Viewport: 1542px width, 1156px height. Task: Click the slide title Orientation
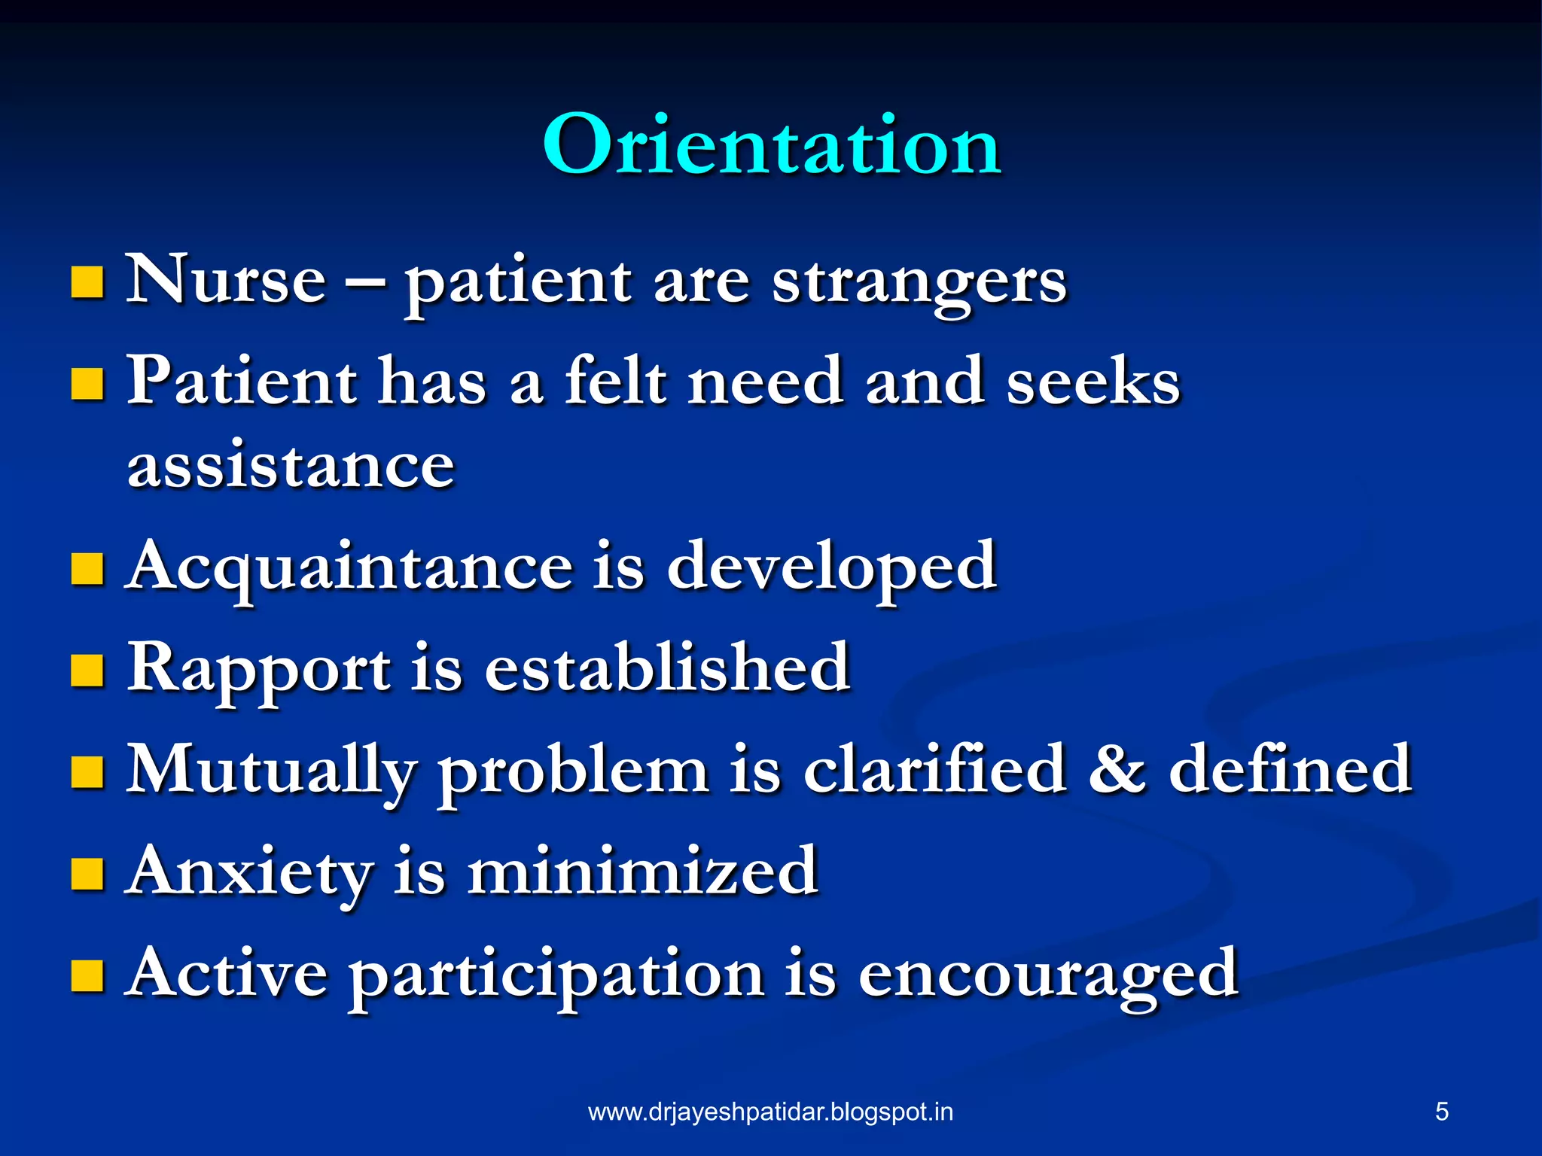click(771, 144)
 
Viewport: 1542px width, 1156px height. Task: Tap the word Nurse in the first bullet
click(225, 280)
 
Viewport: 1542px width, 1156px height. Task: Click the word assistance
click(291, 465)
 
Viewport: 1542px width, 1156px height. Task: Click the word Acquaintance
click(349, 566)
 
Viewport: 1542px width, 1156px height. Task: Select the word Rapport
click(259, 668)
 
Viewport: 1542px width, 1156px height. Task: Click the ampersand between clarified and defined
click(1117, 769)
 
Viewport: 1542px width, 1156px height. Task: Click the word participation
click(556, 975)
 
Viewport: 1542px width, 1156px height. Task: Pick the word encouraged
click(1047, 975)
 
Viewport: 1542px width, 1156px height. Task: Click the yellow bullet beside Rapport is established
click(87, 670)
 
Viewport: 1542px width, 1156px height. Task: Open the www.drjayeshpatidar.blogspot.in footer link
click(770, 1112)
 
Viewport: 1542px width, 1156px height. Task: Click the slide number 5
click(1441, 1112)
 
